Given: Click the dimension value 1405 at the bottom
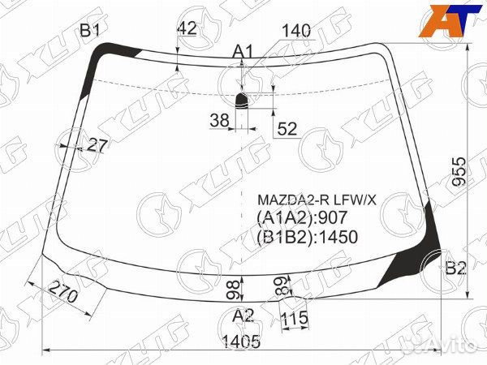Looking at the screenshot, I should click(241, 342).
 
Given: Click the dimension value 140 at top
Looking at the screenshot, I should click(296, 32).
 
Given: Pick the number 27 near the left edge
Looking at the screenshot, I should click(97, 146).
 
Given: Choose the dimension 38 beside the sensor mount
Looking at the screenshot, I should click(219, 121).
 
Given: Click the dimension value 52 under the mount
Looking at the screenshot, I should click(287, 127).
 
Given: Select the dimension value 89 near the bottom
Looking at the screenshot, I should click(281, 285).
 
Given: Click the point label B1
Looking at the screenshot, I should click(88, 32).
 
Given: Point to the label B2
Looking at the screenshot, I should click(455, 268).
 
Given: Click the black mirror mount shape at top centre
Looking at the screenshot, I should click(242, 100).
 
